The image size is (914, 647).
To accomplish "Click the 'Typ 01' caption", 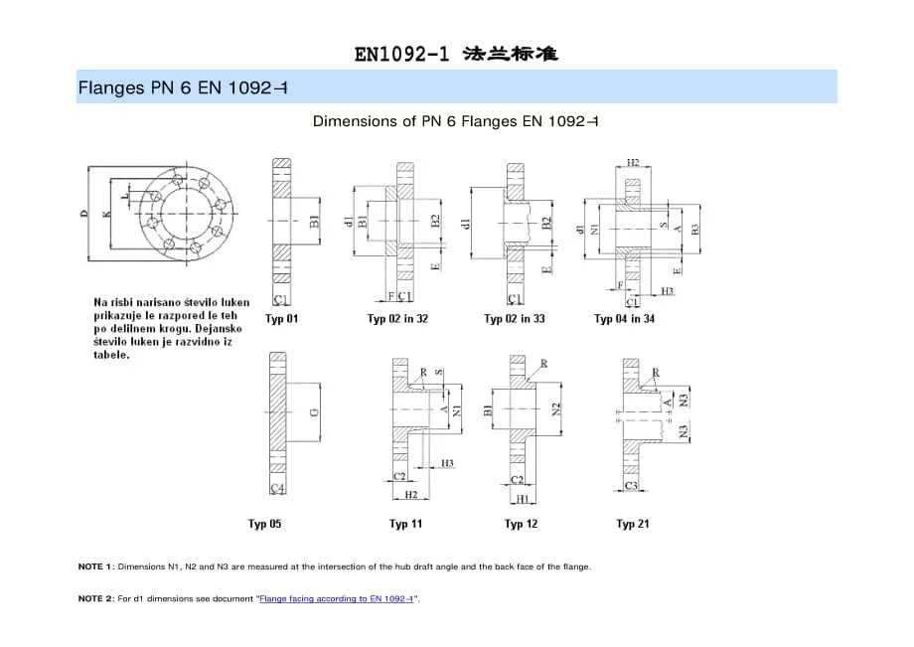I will (x=281, y=319).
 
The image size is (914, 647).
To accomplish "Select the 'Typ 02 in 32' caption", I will (x=397, y=319).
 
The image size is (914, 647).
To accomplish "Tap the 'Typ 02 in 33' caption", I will (x=514, y=319).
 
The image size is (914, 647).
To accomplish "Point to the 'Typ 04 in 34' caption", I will (x=624, y=319).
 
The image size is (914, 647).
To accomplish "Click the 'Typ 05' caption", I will (x=264, y=524).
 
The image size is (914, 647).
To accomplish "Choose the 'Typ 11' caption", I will (x=405, y=524).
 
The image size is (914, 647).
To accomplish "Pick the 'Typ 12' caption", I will (x=521, y=524).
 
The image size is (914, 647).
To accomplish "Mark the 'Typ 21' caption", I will (x=632, y=524).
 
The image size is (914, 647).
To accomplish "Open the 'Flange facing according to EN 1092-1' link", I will (x=337, y=599).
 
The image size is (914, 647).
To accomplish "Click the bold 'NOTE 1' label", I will (x=95, y=566).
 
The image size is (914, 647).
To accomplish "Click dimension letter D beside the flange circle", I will (x=84, y=213).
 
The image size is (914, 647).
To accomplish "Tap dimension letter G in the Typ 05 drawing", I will (x=314, y=411).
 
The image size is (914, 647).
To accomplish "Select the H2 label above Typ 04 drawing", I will (x=633, y=161).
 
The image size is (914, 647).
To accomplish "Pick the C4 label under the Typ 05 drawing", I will (x=278, y=488).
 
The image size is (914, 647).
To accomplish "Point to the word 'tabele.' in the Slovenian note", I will (x=111, y=355).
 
